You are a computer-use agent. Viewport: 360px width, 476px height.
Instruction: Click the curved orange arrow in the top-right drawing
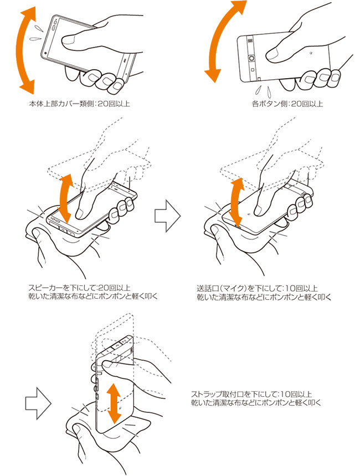pyautogui.click(x=217, y=39)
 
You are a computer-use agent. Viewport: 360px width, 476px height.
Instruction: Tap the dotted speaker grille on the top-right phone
pyautogui.click(x=249, y=41)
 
